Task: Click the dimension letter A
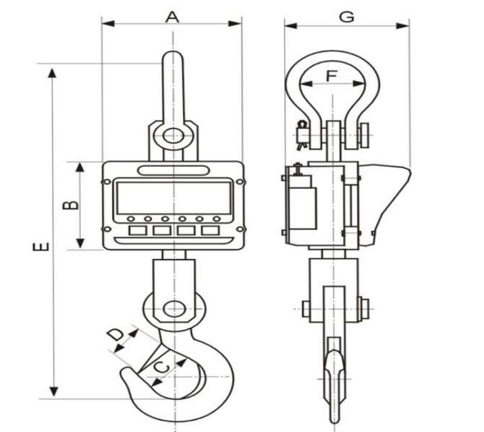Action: coord(172,18)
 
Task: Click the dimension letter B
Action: coord(71,206)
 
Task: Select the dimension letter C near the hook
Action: coord(162,368)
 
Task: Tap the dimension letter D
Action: coord(116,335)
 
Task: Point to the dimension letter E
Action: coord(41,247)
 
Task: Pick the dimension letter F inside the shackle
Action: coord(331,76)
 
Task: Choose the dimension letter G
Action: coord(346,17)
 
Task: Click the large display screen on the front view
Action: coord(173,197)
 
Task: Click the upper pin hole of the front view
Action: coord(173,136)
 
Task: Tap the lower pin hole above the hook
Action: coord(174,309)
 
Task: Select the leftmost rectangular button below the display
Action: coord(137,231)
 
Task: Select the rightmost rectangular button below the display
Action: coord(210,231)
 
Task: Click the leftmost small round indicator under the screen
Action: coord(131,219)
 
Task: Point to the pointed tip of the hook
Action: coord(123,371)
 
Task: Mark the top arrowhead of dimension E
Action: coord(53,73)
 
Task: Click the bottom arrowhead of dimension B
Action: coord(80,243)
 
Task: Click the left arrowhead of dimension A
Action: coord(109,24)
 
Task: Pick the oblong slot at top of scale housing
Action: coord(173,170)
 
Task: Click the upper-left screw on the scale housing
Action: coord(107,182)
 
